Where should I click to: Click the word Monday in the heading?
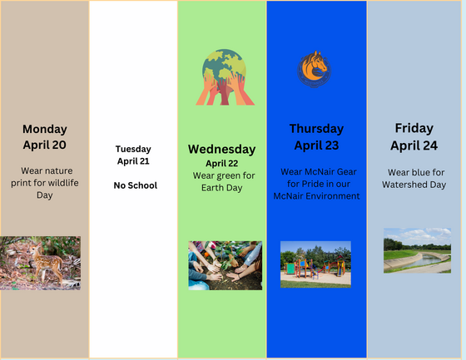45,130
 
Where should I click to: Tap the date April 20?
45,145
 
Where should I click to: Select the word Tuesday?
133,149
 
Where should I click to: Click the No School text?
136,185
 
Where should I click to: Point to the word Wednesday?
221,150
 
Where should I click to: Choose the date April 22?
221,163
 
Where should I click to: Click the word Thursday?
316,129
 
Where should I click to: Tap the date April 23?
316,145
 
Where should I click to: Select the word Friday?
414,129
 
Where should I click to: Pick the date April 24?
414,145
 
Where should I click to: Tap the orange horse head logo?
315,69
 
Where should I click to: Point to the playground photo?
315,264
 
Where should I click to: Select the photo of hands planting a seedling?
226,265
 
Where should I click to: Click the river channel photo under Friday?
417,251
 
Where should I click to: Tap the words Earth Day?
221,188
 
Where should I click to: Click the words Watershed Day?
414,185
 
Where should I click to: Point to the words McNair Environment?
316,196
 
